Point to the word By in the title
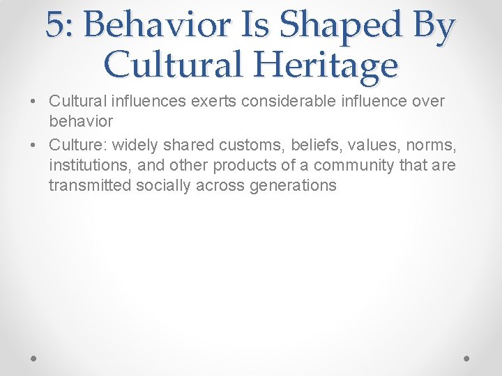[x=432, y=26]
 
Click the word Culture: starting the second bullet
[x=77, y=145]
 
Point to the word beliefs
[x=304, y=145]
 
